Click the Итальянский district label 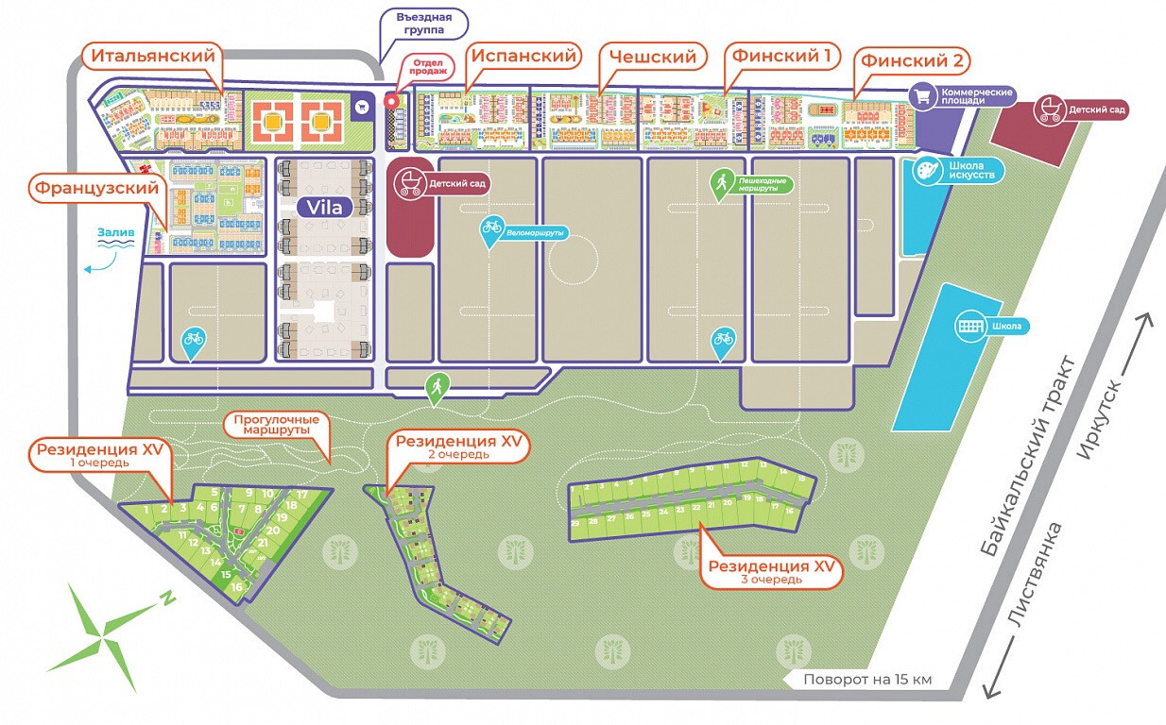coord(153,57)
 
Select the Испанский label coord(523,57)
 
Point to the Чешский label coord(652,57)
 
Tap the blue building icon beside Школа coord(969,326)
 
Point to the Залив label coord(113,230)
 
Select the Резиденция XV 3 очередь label coord(772,570)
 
